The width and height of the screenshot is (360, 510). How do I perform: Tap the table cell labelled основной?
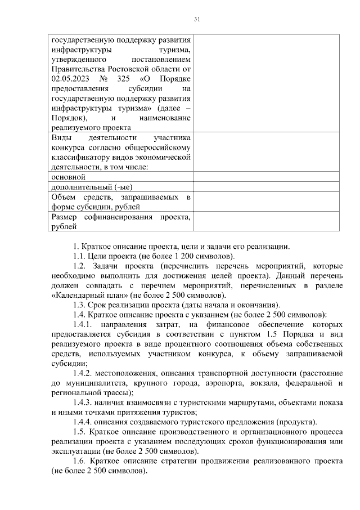pos(68,177)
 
